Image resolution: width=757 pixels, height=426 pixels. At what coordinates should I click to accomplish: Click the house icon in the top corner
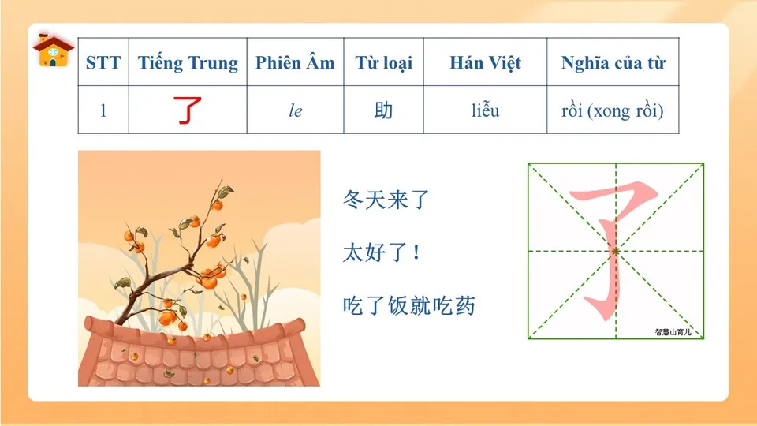[x=53, y=50]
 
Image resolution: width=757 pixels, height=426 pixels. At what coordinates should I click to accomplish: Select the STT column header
[x=103, y=63]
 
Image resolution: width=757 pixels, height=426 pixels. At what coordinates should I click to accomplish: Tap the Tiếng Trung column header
[x=188, y=63]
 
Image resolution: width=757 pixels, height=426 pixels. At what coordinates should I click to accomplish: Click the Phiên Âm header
[x=295, y=63]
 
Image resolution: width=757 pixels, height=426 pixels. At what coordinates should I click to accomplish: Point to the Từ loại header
[x=383, y=63]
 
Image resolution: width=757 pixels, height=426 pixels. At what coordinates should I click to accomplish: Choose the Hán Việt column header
[x=486, y=63]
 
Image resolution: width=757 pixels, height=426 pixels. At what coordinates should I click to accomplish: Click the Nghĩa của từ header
[x=613, y=63]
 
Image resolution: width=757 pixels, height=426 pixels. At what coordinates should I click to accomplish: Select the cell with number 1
[x=103, y=110]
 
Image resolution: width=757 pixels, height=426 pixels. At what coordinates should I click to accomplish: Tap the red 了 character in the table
[x=188, y=110]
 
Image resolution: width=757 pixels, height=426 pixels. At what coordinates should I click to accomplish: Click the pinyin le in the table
[x=295, y=111]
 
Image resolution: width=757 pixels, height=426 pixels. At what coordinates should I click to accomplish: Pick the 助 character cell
[x=383, y=110]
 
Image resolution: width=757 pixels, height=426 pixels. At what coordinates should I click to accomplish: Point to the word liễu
[x=486, y=110]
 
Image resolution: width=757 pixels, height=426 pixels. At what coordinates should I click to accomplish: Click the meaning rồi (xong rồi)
[x=613, y=110]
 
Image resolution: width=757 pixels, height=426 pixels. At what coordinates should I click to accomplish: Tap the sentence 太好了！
[x=382, y=253]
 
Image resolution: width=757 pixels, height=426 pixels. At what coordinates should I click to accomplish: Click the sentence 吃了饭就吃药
[x=410, y=306]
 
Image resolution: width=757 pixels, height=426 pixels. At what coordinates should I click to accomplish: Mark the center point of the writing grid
[x=616, y=251]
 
